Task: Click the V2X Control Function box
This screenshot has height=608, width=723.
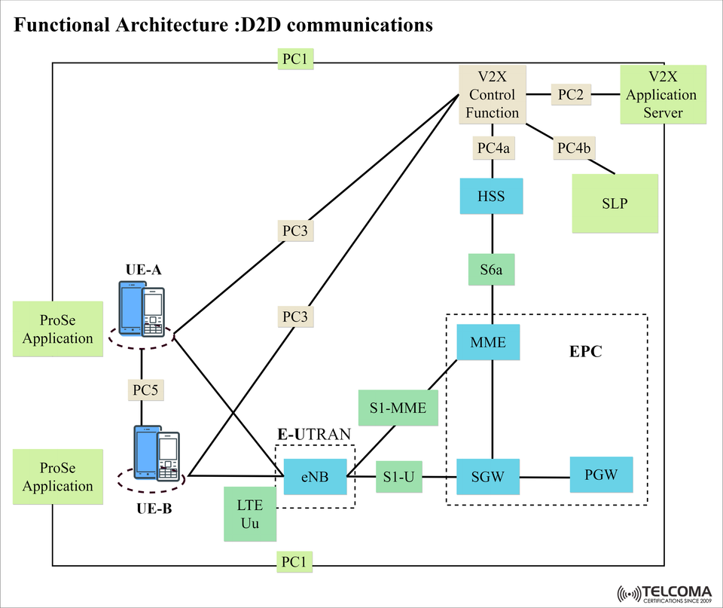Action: coord(493,95)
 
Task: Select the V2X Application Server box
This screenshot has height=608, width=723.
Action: coord(663,95)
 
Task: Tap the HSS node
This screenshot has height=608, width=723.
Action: coord(492,197)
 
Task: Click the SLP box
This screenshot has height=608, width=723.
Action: coord(615,203)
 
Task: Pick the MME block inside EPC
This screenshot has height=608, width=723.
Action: coord(488,343)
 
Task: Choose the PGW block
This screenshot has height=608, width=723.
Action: coord(601,475)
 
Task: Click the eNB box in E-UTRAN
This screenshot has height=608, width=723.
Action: coord(316,476)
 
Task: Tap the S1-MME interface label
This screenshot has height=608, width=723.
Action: coord(398,408)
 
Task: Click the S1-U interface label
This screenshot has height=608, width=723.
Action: coord(399,476)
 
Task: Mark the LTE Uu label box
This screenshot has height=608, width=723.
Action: coord(250,514)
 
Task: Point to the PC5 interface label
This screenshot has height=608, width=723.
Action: coord(143,390)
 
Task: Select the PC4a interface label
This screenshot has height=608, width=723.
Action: coord(494,148)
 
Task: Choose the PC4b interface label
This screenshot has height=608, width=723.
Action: coord(574,148)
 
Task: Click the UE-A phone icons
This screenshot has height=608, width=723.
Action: coord(142,308)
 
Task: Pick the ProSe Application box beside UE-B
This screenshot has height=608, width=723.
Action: coord(58,477)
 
